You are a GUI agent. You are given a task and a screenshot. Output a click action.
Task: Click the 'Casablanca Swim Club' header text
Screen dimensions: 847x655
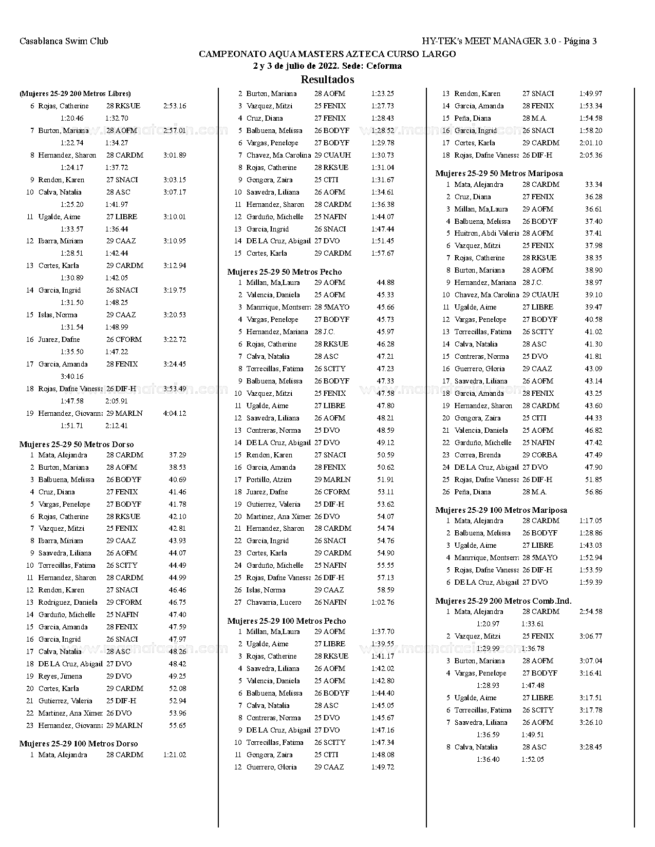click(64, 41)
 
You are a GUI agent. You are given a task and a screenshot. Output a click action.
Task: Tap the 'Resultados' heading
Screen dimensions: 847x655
click(327, 80)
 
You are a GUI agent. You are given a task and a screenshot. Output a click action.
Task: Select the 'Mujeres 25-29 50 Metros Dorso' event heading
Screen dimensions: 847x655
click(77, 445)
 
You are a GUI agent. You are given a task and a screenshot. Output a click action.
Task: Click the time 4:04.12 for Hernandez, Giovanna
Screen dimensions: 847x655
click(174, 413)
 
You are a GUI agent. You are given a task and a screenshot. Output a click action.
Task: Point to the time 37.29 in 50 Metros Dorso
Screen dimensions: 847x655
click(177, 455)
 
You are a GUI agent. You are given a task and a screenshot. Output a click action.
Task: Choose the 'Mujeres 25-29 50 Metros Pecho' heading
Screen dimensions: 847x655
click(284, 272)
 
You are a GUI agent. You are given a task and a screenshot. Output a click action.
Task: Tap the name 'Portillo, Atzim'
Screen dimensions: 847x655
click(269, 479)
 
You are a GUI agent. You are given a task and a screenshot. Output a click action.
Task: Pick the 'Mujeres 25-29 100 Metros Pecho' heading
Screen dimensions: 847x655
click(287, 621)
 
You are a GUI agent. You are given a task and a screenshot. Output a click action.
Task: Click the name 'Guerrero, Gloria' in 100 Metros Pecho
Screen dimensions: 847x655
click(271, 767)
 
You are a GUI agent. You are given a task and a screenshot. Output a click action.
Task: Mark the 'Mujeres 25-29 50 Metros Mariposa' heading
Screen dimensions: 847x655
click(499, 174)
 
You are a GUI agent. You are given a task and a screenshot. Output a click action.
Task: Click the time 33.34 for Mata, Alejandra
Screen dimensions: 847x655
click(593, 184)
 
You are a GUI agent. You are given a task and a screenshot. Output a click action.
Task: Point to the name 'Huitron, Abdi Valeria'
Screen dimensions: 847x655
click(486, 233)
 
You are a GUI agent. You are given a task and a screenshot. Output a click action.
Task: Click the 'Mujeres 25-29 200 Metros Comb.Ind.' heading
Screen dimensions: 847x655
click(503, 601)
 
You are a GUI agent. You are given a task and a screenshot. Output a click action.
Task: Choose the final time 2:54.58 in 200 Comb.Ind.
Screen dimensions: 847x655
click(590, 611)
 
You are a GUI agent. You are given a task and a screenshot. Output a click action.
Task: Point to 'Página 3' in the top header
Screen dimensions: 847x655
click(580, 41)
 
